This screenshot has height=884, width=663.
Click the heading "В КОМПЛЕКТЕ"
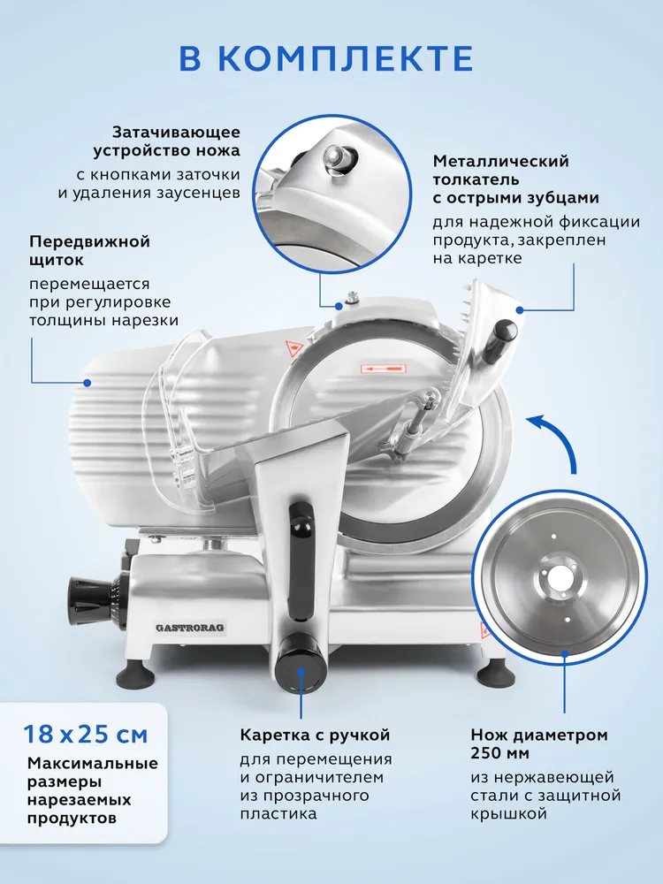click(326, 58)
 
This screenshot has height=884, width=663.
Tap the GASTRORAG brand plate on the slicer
click(189, 628)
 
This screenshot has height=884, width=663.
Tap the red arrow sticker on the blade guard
click(384, 369)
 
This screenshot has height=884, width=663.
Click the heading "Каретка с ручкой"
click(316, 735)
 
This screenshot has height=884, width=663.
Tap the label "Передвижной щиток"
click(89, 251)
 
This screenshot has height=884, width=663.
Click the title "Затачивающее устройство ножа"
click(167, 141)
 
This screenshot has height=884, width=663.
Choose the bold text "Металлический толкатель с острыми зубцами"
click(516, 179)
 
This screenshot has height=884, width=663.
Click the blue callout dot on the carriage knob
click(301, 672)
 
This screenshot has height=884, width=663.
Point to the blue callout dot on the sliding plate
click(88, 382)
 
